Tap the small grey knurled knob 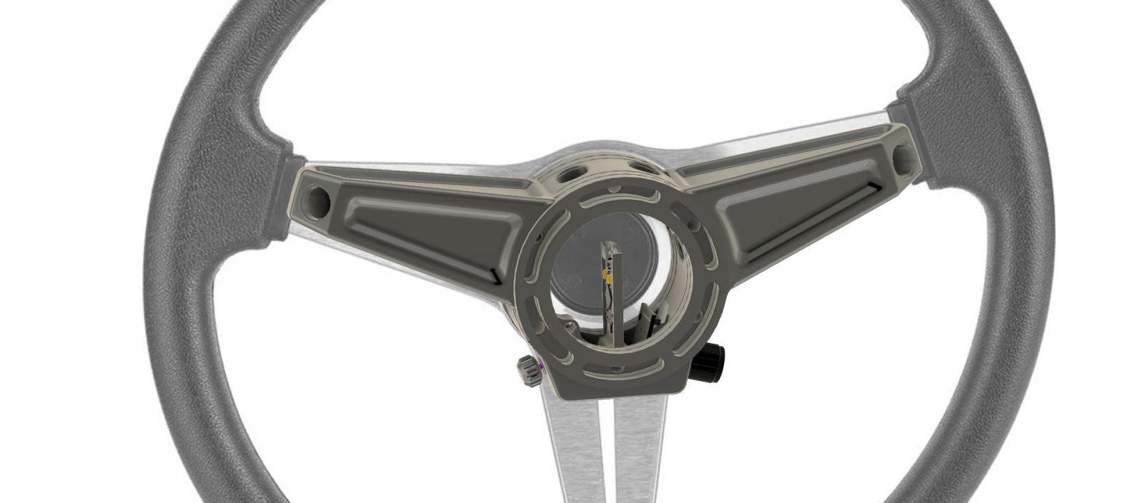[x=528, y=370]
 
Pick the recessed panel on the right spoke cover [x=799, y=207]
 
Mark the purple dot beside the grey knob [x=542, y=366]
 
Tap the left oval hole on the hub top [x=570, y=173]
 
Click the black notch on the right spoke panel [x=872, y=187]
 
